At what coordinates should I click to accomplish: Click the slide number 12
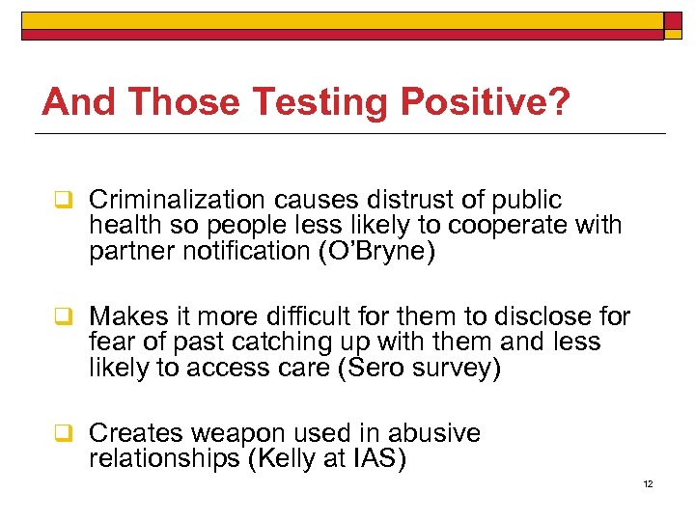click(648, 483)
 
